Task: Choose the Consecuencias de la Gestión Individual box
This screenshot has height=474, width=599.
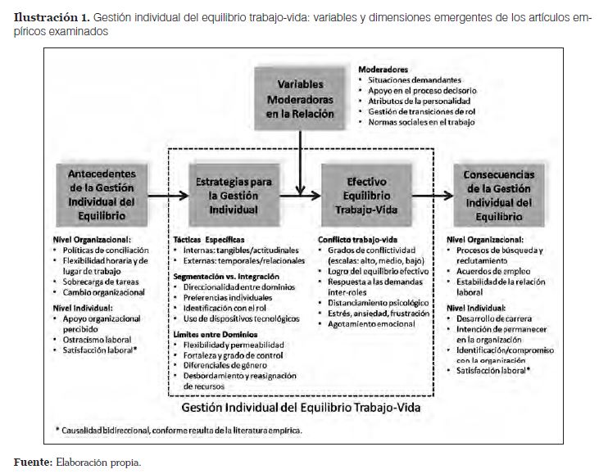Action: (499, 195)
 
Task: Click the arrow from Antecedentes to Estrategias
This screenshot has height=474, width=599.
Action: (165, 196)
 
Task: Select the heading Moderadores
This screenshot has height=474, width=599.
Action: (383, 70)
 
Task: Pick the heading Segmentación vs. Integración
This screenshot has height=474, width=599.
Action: (222, 278)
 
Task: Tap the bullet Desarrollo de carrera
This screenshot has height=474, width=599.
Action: (496, 317)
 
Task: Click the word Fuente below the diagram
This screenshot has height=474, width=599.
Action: (30, 462)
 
